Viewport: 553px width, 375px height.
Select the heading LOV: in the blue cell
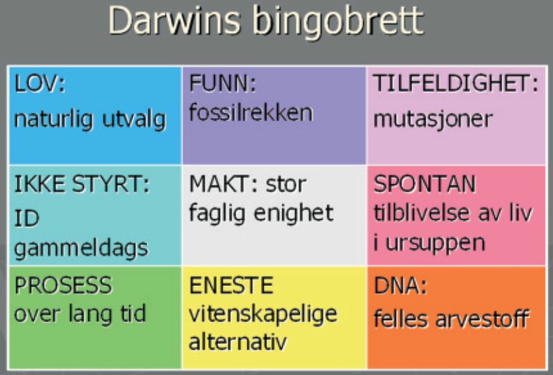40,84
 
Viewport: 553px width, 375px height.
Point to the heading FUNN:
223,84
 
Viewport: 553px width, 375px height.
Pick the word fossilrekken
251,113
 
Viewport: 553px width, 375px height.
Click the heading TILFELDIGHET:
456,84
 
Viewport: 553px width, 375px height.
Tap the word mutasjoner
433,119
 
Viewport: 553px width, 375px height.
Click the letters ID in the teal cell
27,218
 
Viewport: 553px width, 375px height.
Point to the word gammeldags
81,248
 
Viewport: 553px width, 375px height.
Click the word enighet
293,213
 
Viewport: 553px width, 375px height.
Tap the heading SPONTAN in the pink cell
424,184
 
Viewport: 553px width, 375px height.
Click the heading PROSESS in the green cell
63,285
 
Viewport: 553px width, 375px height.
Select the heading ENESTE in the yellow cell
231,285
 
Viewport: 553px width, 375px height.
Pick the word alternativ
238,342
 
